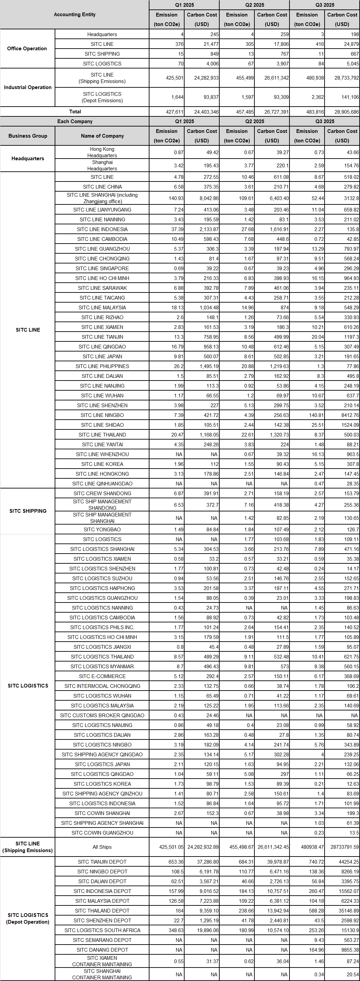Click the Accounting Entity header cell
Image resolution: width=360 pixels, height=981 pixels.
point(75,15)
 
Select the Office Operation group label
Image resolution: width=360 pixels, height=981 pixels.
point(27,49)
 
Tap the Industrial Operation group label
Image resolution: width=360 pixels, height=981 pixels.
point(27,87)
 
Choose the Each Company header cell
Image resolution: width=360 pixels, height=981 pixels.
point(75,121)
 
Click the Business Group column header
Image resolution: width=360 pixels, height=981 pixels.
point(27,136)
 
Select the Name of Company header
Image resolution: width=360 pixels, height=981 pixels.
point(102,136)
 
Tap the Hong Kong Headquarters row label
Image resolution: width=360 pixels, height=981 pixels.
point(102,152)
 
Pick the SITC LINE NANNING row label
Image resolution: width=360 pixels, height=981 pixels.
point(102,219)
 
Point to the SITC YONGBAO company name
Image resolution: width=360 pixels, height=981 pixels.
point(102,529)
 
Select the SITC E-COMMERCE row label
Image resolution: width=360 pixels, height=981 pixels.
point(102,676)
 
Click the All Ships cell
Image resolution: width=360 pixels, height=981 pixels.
point(102,847)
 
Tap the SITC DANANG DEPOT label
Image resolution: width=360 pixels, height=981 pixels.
point(102,950)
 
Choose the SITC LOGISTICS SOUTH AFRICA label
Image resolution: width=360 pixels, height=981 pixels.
point(102,930)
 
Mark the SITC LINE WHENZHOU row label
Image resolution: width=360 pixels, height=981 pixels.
point(102,454)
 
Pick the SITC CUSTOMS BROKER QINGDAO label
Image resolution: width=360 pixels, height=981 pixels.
point(102,716)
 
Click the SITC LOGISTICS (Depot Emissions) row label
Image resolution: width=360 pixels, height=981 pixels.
point(102,97)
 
